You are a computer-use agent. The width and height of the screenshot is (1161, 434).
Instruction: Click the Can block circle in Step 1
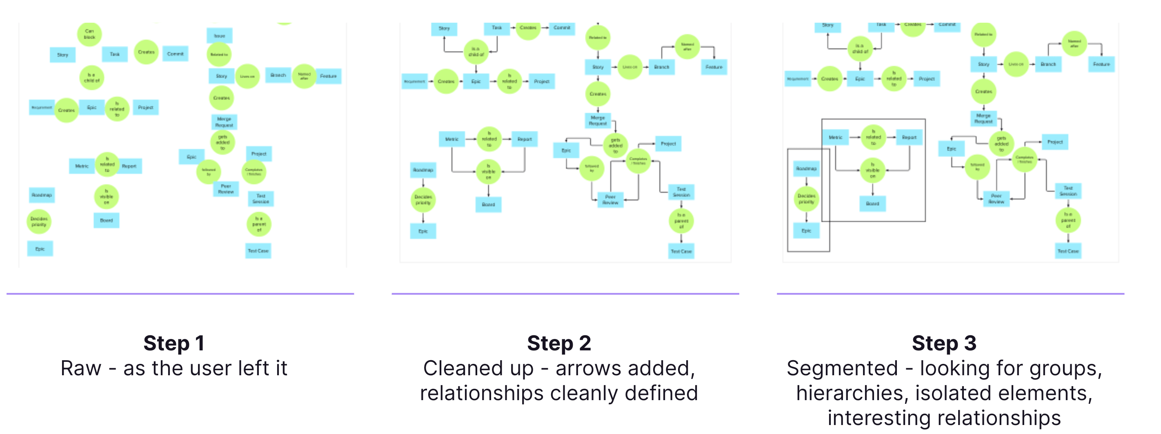(89, 34)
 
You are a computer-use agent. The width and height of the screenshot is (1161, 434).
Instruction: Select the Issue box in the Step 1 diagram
(220, 35)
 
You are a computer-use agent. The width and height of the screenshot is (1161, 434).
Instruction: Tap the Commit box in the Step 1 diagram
(175, 53)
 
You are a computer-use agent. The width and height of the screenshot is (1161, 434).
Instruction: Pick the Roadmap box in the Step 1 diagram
(42, 195)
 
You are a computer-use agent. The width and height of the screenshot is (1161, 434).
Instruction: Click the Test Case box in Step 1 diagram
(258, 251)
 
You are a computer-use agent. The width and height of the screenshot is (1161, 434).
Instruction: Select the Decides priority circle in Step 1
(39, 221)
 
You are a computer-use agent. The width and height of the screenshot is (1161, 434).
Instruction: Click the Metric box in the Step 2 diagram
(451, 139)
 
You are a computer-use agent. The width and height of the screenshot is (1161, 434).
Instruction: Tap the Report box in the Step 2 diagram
(525, 139)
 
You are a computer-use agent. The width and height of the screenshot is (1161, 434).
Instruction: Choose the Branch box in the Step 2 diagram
(662, 67)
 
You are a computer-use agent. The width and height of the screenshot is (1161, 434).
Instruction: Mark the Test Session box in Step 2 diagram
(681, 192)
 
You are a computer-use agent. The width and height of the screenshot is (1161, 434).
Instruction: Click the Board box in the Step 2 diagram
(488, 204)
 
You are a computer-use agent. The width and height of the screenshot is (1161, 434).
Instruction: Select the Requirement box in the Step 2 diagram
(414, 82)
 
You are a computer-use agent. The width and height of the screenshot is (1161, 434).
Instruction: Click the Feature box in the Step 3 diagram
(1101, 64)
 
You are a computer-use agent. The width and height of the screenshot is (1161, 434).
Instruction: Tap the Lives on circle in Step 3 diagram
(1016, 64)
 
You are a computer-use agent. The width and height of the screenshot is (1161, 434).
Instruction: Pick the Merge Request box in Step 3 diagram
(983, 118)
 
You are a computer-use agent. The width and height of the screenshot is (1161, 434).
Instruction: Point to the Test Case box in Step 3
(1068, 251)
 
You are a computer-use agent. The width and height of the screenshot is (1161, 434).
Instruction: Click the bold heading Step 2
(559, 343)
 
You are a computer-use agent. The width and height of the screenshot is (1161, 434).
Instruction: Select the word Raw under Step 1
(81, 368)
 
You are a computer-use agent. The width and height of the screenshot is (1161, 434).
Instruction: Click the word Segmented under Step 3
(842, 368)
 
